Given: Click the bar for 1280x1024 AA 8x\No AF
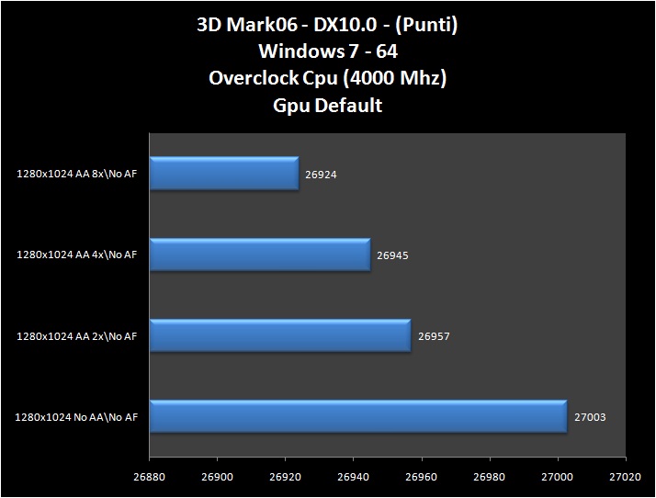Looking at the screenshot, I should (223, 173).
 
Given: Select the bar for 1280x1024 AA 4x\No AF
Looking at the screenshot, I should (259, 255).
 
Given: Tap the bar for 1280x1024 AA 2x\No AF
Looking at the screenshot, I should (279, 335).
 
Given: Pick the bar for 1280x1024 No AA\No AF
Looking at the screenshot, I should (357, 416).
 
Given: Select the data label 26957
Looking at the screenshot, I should (434, 335).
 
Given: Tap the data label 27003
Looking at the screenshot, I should (590, 416).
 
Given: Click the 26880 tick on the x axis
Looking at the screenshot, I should (148, 479).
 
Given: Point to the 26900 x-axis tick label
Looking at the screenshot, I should (216, 479).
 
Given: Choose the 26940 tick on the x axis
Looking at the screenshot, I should (353, 479).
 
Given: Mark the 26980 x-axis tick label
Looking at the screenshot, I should (489, 479).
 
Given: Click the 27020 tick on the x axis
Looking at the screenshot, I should (625, 479).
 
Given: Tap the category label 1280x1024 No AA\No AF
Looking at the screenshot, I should (76, 417).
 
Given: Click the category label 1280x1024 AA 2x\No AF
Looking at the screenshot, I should (76, 336).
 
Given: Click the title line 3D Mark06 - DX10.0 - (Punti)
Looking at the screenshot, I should (328, 25).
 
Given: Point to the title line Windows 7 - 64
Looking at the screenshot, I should (328, 51).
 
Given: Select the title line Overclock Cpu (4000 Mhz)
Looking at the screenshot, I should (328, 78).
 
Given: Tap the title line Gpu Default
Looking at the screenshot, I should (328, 105).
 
